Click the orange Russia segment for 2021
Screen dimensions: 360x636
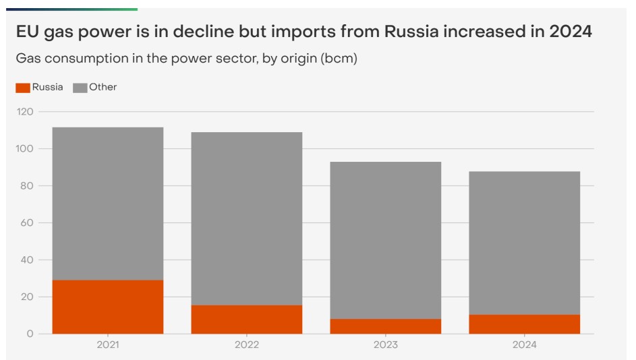108,307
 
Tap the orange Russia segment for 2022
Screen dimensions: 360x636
247,319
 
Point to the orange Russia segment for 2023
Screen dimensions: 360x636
386,326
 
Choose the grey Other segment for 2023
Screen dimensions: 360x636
386,240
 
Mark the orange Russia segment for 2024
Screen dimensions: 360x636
525,324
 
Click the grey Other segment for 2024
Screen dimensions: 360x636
525,243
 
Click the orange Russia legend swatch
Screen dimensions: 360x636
23,88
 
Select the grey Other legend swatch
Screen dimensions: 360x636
80,88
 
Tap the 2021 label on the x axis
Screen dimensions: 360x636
108,344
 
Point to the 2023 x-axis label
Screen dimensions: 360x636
386,344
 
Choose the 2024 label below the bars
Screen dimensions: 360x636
525,344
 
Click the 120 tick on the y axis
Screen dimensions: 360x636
25,111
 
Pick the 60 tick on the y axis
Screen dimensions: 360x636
27,222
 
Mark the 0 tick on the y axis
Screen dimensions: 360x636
30,334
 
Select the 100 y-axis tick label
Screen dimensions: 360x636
25,148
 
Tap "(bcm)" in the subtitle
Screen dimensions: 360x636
339,59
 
